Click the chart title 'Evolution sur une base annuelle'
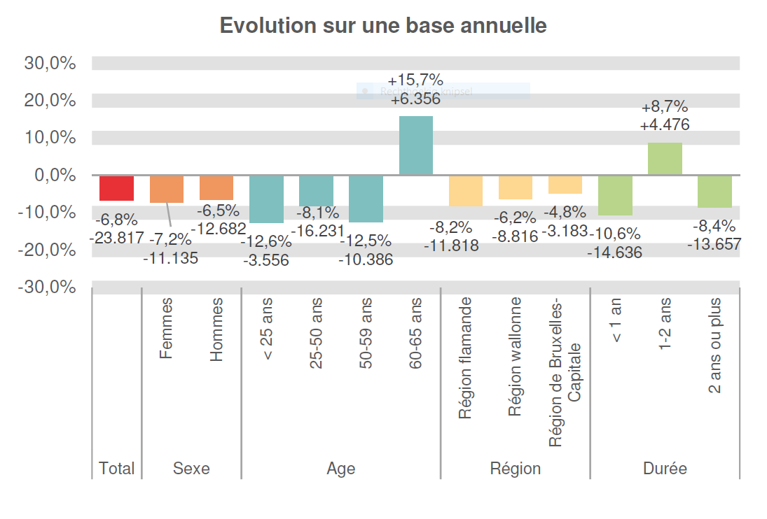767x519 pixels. pyautogui.click(x=383, y=25)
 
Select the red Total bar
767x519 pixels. pyautogui.click(x=116, y=188)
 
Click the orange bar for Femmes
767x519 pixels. pyautogui.click(x=167, y=189)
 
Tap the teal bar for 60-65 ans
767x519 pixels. pyautogui.click(x=416, y=145)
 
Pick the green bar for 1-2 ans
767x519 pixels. pyautogui.click(x=665, y=159)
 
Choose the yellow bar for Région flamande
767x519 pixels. pyautogui.click(x=466, y=190)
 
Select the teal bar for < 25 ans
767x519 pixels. pyautogui.click(x=266, y=199)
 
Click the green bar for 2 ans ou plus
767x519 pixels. pyautogui.click(x=714, y=192)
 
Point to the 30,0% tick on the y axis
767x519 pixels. pyautogui.click(x=50, y=63)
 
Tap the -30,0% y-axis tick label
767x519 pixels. pyautogui.click(x=48, y=287)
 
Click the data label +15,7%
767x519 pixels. pyautogui.click(x=415, y=80)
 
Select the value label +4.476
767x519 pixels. pyautogui.click(x=665, y=125)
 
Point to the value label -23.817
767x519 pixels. pyautogui.click(x=116, y=238)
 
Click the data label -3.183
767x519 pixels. pyautogui.click(x=564, y=230)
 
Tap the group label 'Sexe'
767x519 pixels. pyautogui.click(x=191, y=468)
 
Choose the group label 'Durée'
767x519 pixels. pyautogui.click(x=665, y=468)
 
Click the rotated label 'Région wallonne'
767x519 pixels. pyautogui.click(x=516, y=356)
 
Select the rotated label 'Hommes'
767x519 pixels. pyautogui.click(x=216, y=329)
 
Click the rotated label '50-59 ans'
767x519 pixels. pyautogui.click(x=366, y=334)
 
